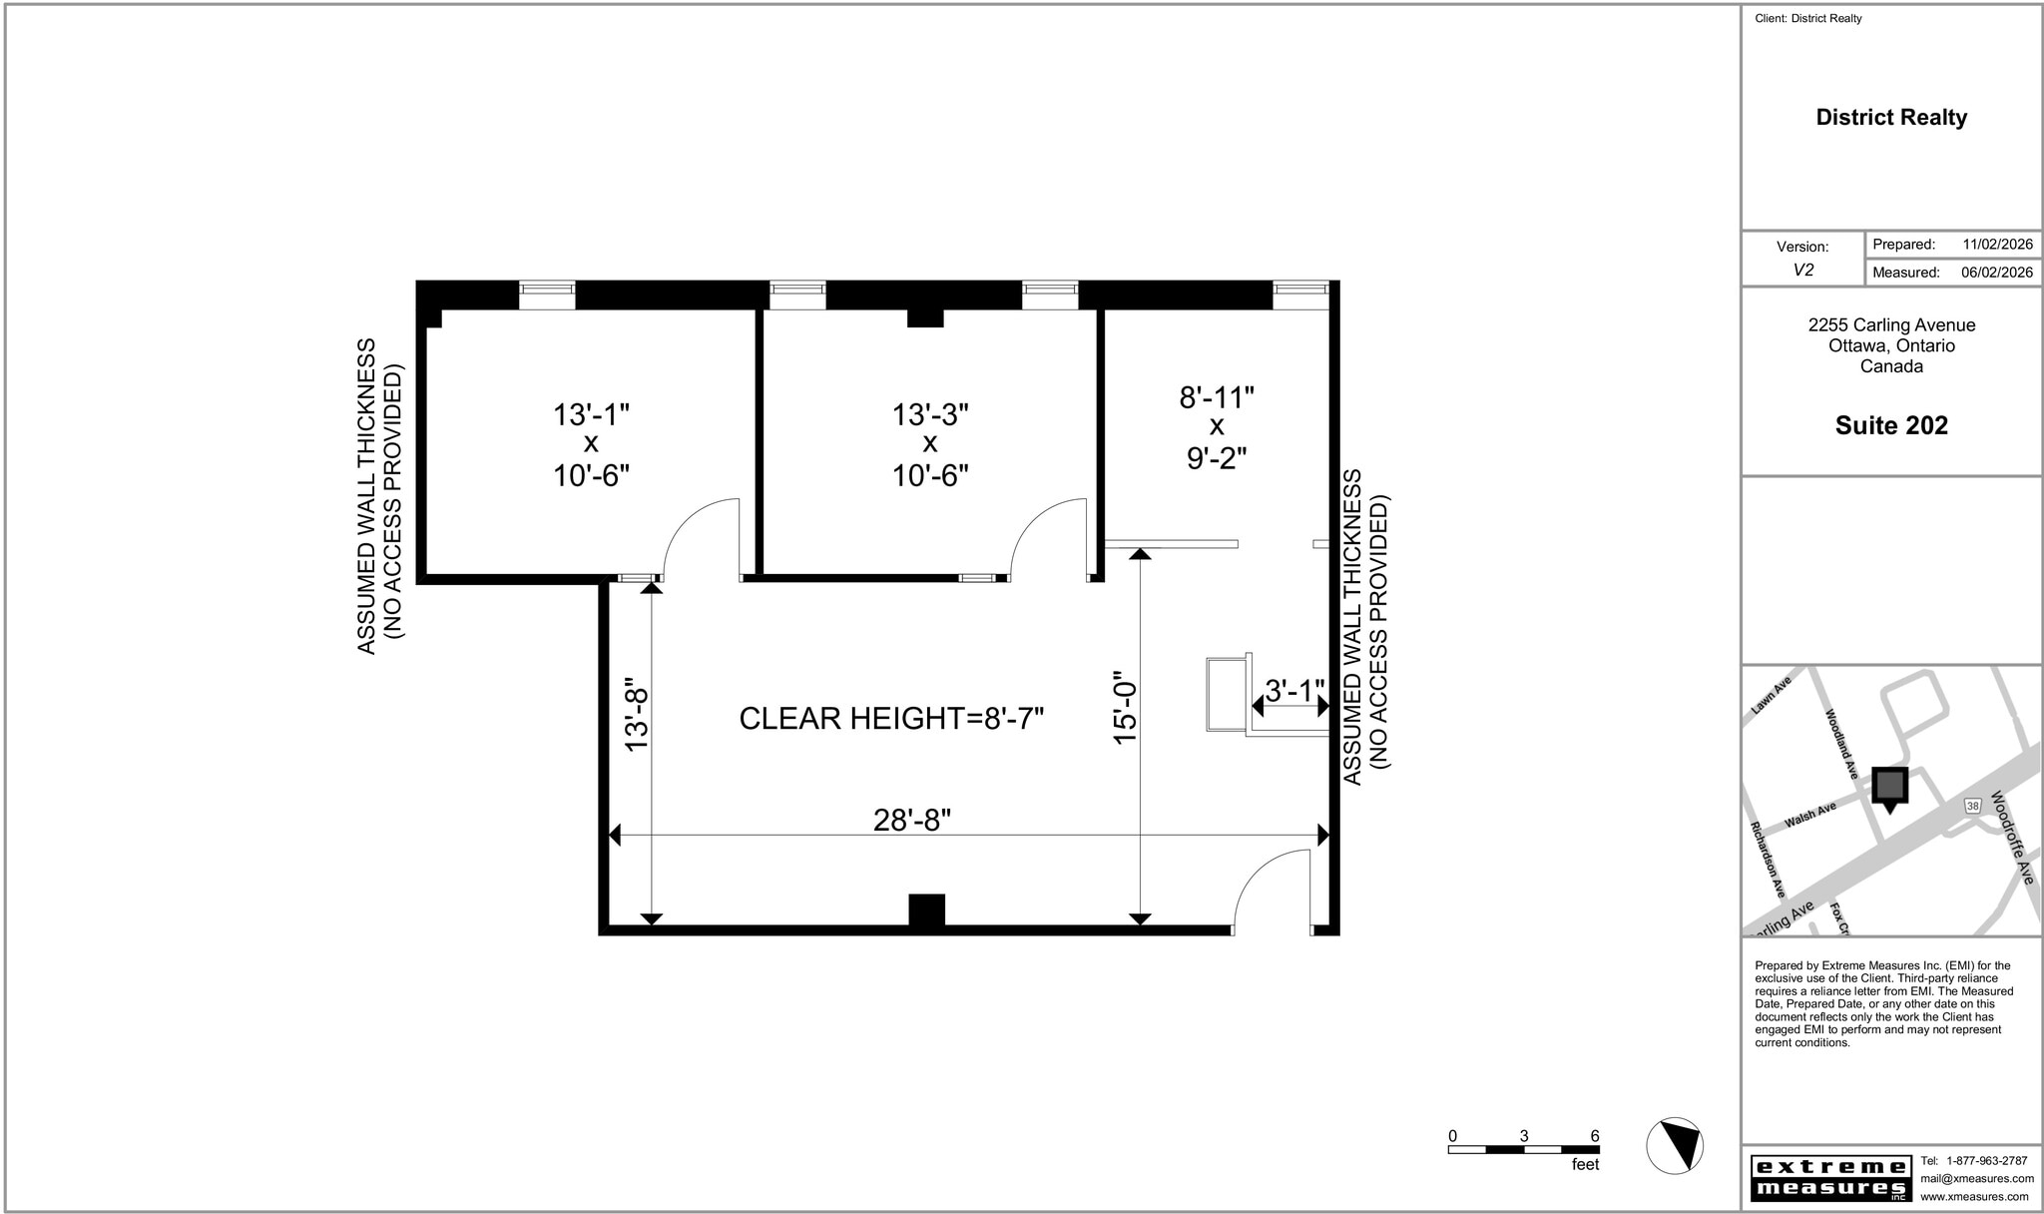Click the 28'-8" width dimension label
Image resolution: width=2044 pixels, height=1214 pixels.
pos(911,820)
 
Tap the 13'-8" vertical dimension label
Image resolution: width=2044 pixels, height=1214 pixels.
pos(637,720)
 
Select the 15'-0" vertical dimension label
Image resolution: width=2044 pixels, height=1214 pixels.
pos(1125,707)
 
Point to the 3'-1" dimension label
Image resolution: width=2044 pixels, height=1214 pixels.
pos(1293,690)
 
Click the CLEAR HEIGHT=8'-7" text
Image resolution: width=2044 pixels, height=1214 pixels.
pos(890,718)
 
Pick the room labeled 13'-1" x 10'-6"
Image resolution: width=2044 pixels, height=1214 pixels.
pos(591,444)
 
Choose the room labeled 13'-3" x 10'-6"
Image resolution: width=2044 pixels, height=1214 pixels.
pos(930,444)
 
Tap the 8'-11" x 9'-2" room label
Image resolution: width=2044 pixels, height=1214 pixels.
pos(1216,427)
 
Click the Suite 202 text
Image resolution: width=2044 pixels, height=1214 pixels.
pos(1890,425)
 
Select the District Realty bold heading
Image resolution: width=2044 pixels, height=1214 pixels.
pos(1890,118)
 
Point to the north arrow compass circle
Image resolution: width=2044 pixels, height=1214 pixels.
pos(1674,1145)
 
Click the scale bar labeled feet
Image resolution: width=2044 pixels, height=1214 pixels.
pos(1523,1149)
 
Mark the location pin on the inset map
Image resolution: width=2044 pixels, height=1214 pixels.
pos(1888,787)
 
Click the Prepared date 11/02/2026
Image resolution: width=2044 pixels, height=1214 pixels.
pos(1997,245)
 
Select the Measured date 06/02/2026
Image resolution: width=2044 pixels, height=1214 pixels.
pos(1996,272)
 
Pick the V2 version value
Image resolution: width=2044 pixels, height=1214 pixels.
pos(1802,270)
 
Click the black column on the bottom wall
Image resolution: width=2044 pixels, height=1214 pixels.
pos(926,910)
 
